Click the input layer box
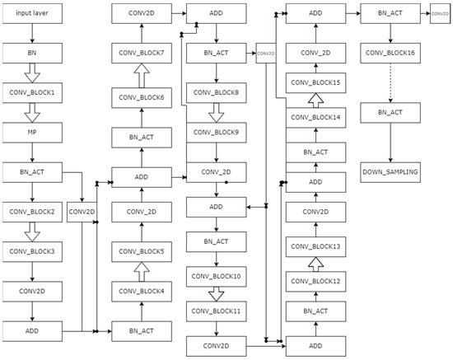pos(31,14)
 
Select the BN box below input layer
pos(31,52)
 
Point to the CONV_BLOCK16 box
pos(390,52)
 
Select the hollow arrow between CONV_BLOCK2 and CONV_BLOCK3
pos(31,231)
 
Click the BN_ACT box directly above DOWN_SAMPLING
pos(390,110)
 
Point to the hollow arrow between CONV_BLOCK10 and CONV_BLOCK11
pos(215,293)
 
